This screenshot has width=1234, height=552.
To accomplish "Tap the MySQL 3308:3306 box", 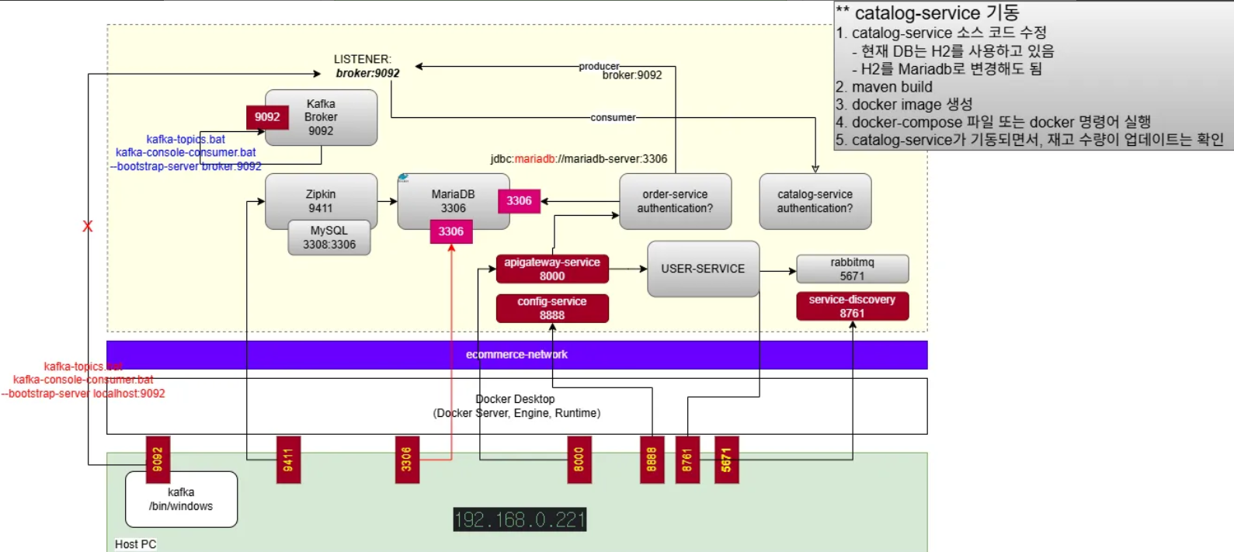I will pos(329,238).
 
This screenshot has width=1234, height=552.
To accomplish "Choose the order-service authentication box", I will pos(675,201).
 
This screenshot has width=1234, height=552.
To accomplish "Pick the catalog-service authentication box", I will pos(815,201).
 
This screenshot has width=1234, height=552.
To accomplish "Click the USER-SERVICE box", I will pos(703,269).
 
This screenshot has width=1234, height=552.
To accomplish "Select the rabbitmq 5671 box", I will pos(852,269).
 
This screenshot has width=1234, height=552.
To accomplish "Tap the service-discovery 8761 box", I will pos(852,306).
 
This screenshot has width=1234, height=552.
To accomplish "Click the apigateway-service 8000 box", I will pos(552,269).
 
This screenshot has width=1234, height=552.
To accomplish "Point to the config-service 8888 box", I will pos(552,308).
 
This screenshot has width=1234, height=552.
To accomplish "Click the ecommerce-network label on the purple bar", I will pos(516,355).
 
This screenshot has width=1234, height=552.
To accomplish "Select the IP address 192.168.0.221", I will pos(520,519).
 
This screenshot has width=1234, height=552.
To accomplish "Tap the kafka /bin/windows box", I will pos(181,499).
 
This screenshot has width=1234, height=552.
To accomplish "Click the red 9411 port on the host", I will pos(288,460).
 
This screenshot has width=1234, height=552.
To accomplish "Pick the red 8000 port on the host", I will pos(579,460).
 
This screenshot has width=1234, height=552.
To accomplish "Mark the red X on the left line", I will pos(88,227).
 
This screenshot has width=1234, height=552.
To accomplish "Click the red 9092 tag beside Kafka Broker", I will pos(267,117).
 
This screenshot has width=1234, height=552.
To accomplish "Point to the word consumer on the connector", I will pos(613,118).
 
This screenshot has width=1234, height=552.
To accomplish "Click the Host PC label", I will pos(135,544).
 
